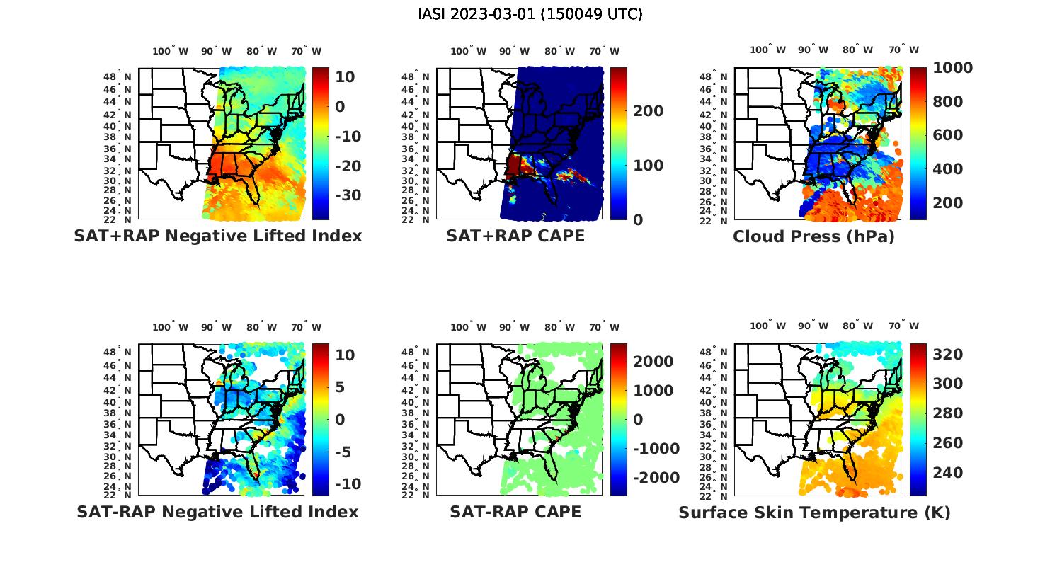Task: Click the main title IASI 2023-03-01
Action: tap(530, 14)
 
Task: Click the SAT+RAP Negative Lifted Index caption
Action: tap(217, 236)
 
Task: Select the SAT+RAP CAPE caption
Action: tap(515, 236)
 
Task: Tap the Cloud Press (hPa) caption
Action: tap(813, 236)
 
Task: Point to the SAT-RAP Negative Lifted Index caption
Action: tap(217, 512)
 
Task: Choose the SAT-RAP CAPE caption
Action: tap(515, 512)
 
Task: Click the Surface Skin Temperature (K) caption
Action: tap(814, 513)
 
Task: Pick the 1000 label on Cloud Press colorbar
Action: tap(952, 68)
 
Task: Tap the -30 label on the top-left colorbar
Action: tap(348, 195)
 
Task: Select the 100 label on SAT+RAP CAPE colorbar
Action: tap(649, 166)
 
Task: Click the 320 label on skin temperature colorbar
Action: tap(947, 354)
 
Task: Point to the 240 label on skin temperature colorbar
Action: tap(947, 473)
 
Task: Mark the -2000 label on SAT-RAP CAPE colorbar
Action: tap(656, 478)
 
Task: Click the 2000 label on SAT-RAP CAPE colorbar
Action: tap(653, 362)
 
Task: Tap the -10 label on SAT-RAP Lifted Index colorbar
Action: tap(348, 484)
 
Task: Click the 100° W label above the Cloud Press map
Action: tap(767, 50)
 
